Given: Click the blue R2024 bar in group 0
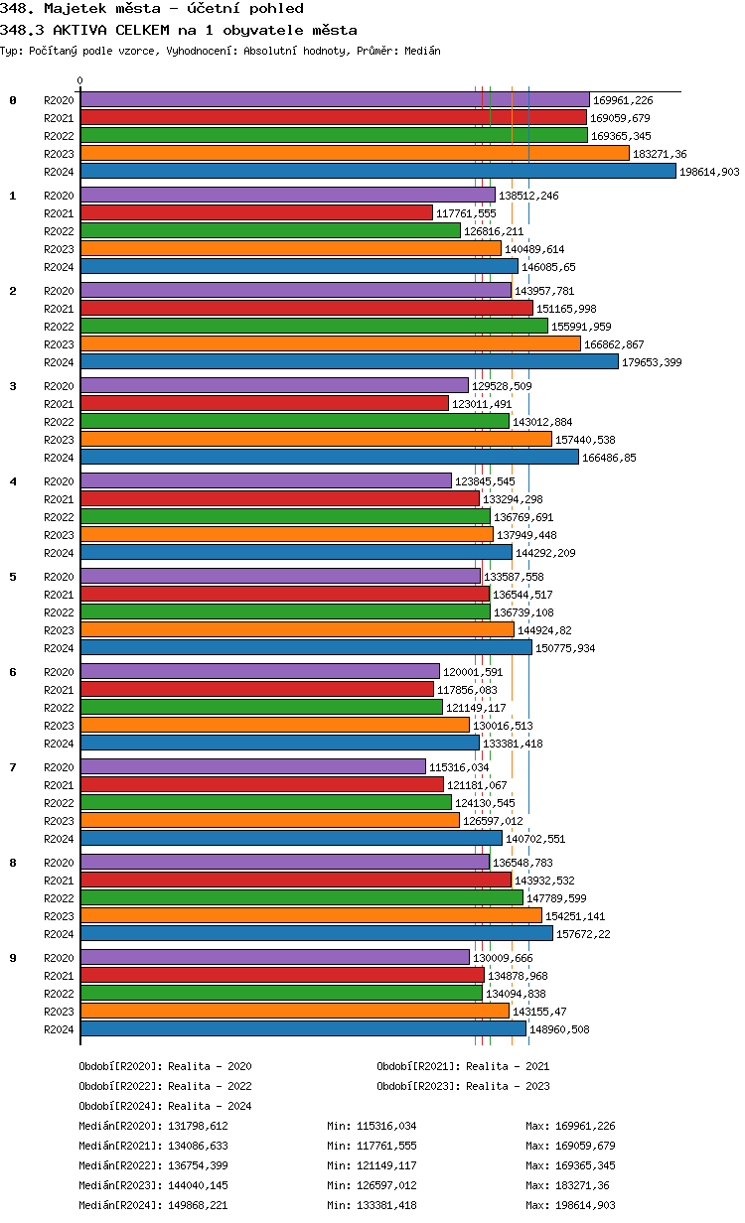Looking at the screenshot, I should pos(377,171).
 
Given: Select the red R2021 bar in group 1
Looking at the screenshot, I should pos(256,212).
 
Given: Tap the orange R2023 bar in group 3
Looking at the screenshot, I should pos(316,439).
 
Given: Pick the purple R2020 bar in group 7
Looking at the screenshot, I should pos(252,766).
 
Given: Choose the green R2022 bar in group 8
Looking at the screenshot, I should pos(301,897).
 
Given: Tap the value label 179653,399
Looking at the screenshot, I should pos(652,362).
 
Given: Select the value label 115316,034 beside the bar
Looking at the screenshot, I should pos(459,767).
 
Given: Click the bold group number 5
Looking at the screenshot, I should pos(13,577).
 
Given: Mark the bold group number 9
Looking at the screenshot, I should pos(13,958).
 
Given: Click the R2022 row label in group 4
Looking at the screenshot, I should pos(59,517).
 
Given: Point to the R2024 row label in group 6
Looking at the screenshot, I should pos(59,744).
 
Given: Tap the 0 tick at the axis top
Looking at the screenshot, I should pos(80,81).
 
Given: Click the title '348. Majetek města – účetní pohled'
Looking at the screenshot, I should pos(152,9).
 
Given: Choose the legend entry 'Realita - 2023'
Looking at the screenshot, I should pos(508,1086).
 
